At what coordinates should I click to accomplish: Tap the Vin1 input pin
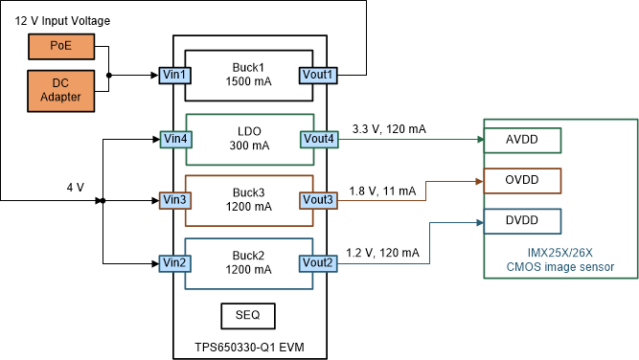pyautogui.click(x=175, y=74)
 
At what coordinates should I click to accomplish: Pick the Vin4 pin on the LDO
pyautogui.click(x=175, y=139)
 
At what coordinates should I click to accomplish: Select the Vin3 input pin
pyautogui.click(x=175, y=200)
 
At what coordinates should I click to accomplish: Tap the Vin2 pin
pyautogui.click(x=175, y=262)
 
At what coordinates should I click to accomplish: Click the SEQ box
pyautogui.click(x=248, y=314)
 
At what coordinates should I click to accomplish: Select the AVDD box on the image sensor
pyautogui.click(x=522, y=139)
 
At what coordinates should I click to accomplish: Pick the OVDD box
pyautogui.click(x=522, y=179)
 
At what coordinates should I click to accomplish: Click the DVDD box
pyautogui.click(x=522, y=221)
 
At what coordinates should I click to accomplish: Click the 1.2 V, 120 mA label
pyautogui.click(x=382, y=253)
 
